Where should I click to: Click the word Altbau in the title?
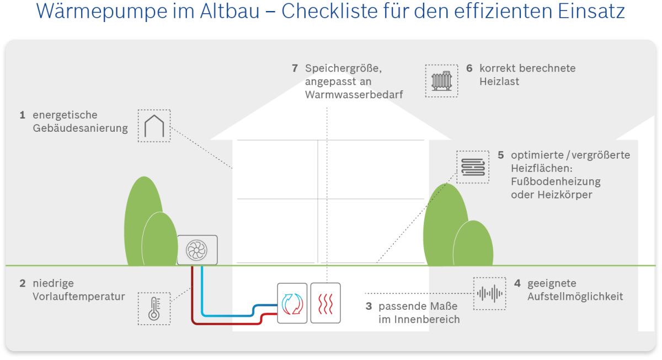(229, 11)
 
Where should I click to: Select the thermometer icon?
(154, 309)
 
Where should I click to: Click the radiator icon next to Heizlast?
(441, 80)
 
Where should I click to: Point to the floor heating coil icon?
(473, 167)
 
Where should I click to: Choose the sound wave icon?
(490, 293)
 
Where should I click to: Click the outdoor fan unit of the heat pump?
(197, 250)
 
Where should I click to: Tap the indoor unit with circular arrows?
(292, 303)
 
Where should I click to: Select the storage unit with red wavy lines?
(325, 303)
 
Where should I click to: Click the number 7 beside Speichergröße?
(295, 68)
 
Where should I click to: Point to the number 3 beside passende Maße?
(369, 307)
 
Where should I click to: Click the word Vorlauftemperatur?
(79, 297)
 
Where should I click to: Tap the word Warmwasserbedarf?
(354, 95)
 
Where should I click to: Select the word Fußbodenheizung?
(556, 181)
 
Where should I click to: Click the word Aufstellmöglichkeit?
(575, 297)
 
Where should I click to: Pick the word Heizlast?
(499, 82)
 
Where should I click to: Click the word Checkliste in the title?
(329, 11)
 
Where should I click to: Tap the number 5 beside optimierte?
(501, 155)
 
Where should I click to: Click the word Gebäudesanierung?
(81, 128)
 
